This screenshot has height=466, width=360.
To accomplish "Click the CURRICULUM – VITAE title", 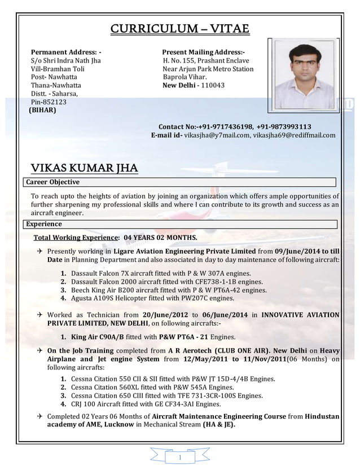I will pos(179,29).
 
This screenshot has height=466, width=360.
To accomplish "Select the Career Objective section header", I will pos(53,182).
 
